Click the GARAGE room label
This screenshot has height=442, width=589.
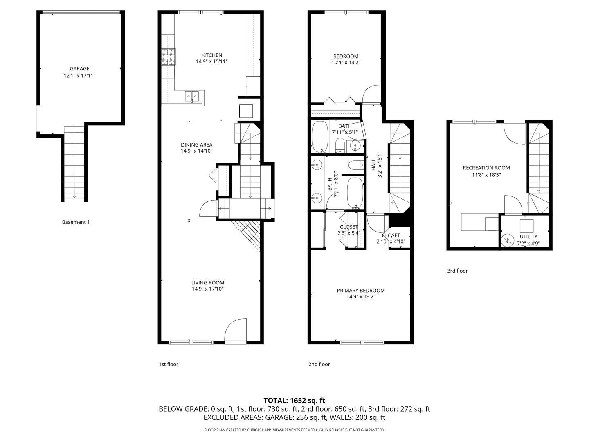coord(79,69)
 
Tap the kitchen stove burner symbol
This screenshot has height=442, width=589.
coord(169,57)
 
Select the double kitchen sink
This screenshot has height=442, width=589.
coord(192,96)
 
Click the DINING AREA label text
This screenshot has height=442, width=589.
coord(196,144)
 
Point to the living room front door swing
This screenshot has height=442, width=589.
coord(235,330)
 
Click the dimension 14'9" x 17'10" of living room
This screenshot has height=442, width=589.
coord(207,289)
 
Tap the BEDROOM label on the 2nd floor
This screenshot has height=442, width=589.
coord(346,56)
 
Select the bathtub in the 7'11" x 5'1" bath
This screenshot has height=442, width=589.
coord(320,136)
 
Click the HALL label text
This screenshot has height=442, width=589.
coord(373,165)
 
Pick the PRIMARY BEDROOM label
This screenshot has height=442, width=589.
coord(361,291)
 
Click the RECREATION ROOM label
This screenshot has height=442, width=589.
coord(486,168)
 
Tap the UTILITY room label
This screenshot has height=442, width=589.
coord(528,237)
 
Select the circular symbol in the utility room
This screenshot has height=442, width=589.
coord(508,239)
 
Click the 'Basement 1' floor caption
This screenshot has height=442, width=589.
coord(76,222)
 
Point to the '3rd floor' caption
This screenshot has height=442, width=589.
coord(457,271)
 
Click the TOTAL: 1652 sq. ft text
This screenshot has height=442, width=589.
coord(294,401)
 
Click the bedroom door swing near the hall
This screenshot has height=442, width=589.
coord(371,94)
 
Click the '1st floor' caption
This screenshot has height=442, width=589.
coord(169,364)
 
